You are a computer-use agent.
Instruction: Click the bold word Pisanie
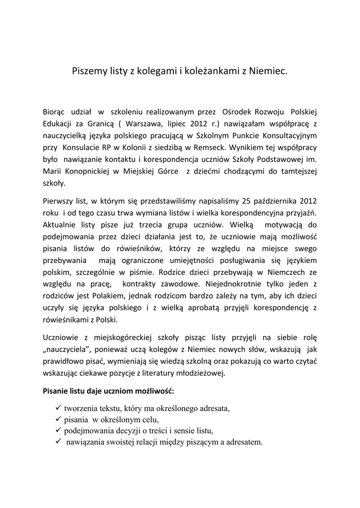(x=57, y=391)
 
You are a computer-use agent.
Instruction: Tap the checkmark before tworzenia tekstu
(x=58, y=408)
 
